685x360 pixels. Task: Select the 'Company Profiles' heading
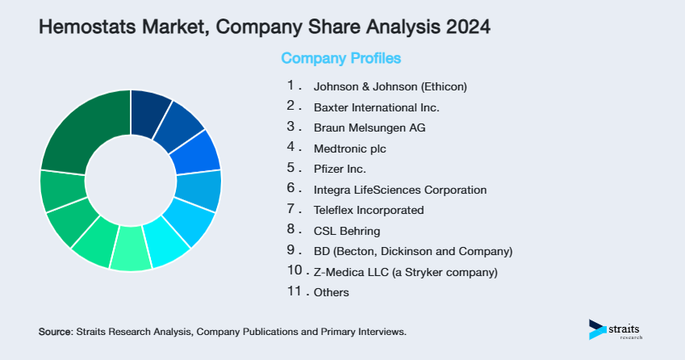340,59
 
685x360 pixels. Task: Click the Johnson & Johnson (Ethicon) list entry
391,86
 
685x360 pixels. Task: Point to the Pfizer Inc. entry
339,170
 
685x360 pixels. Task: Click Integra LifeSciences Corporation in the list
399,190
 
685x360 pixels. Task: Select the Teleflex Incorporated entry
368,210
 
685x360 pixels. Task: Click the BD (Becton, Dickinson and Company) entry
412,251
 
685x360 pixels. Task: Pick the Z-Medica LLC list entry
405,272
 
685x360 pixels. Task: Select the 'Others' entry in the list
331,292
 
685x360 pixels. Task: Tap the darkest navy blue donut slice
149,108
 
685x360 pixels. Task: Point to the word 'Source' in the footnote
55,332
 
